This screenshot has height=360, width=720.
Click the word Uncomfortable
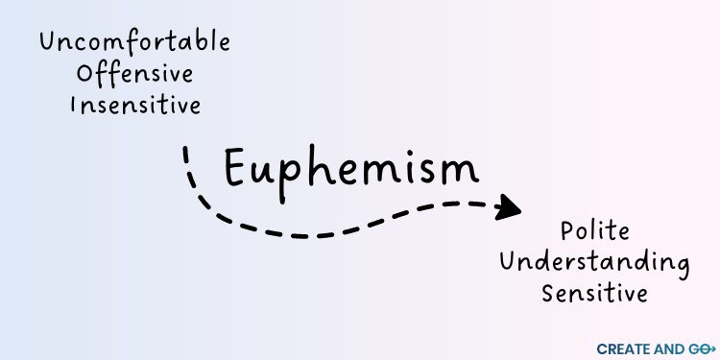click(134, 42)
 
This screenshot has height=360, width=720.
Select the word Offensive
click(135, 73)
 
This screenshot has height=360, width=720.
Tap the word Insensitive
click(135, 104)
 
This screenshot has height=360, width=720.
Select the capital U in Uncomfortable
click(48, 42)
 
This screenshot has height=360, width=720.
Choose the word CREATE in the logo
click(621, 348)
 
